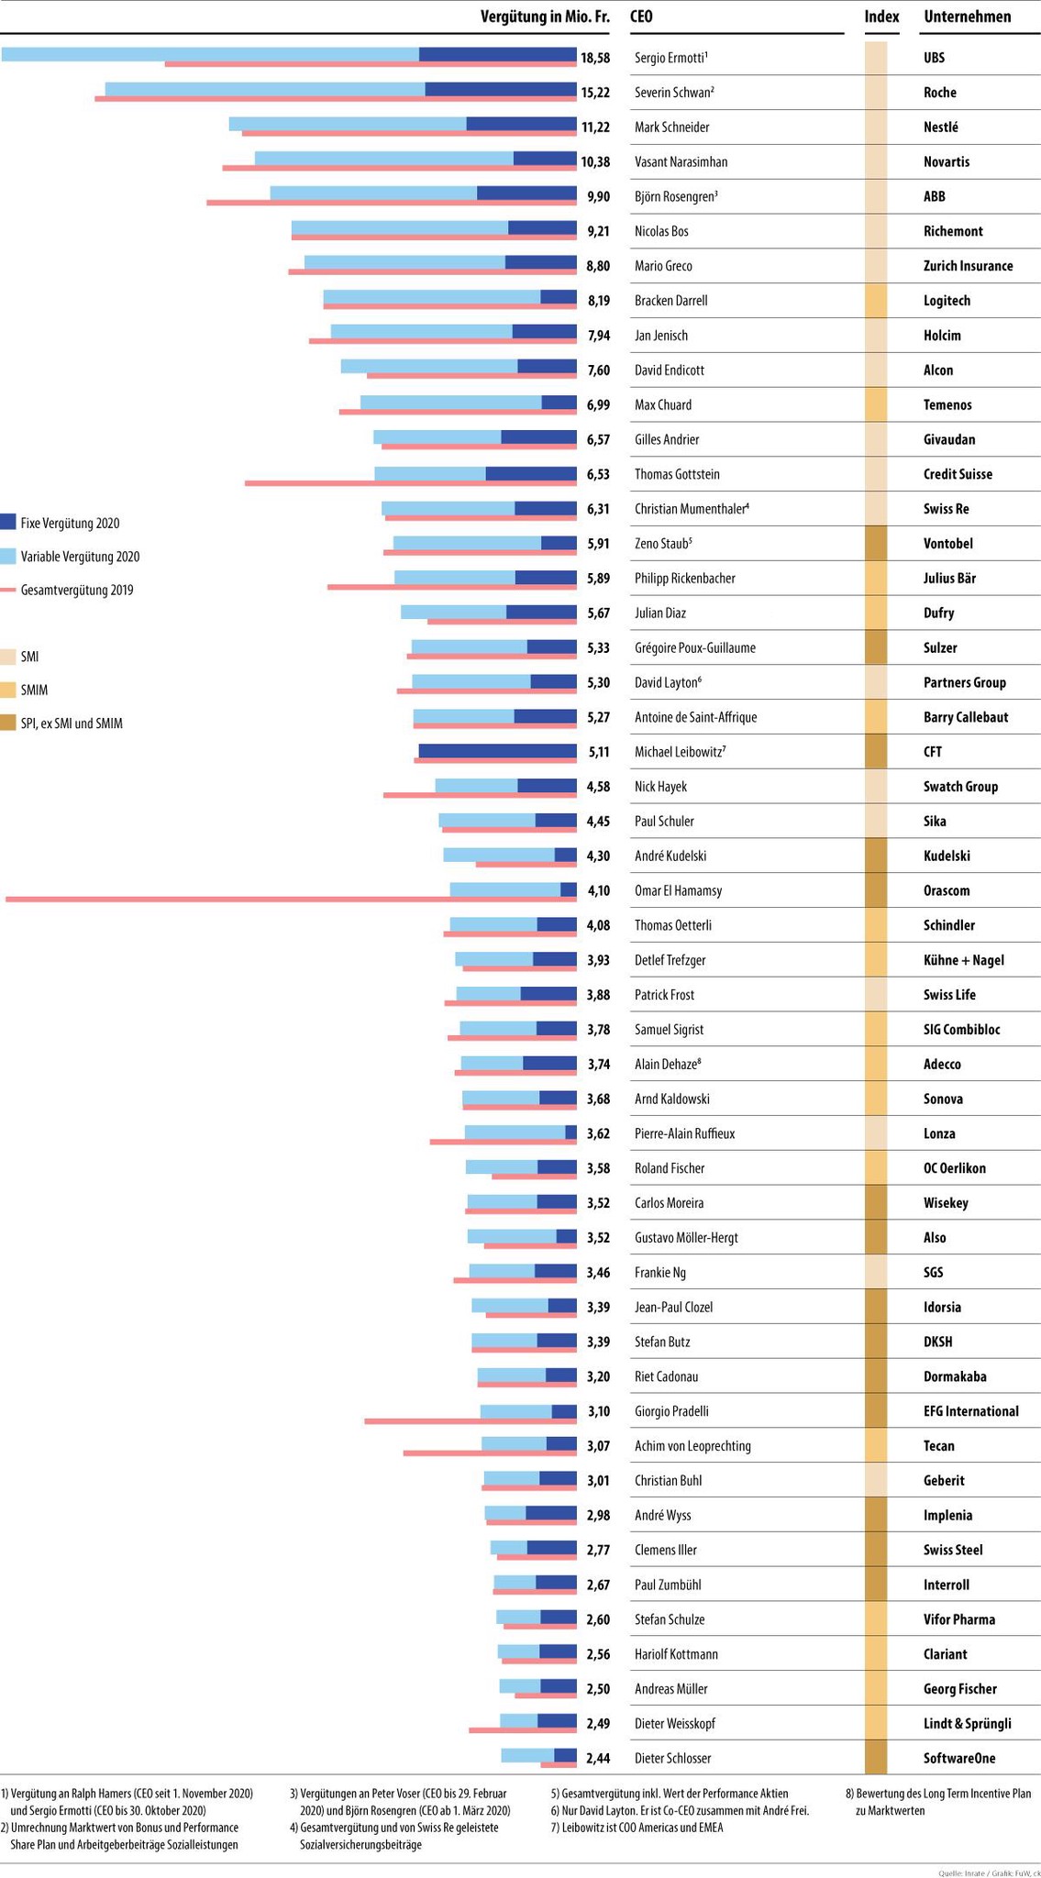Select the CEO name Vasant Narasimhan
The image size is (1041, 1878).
click(681, 162)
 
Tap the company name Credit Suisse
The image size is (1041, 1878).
click(958, 474)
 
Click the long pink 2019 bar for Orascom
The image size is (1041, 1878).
click(229, 900)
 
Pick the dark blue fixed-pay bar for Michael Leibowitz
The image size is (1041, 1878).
click(497, 751)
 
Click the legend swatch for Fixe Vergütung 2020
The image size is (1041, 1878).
click(8, 523)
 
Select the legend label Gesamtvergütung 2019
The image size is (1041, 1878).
click(77, 590)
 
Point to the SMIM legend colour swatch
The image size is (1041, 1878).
click(8, 690)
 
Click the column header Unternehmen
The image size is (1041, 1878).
click(967, 17)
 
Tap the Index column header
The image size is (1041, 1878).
click(881, 17)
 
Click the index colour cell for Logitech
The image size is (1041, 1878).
click(876, 301)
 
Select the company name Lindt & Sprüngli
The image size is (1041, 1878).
click(967, 1723)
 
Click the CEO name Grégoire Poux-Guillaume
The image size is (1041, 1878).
click(694, 647)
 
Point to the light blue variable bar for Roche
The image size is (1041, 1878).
click(265, 89)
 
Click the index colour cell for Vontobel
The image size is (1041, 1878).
click(876, 544)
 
